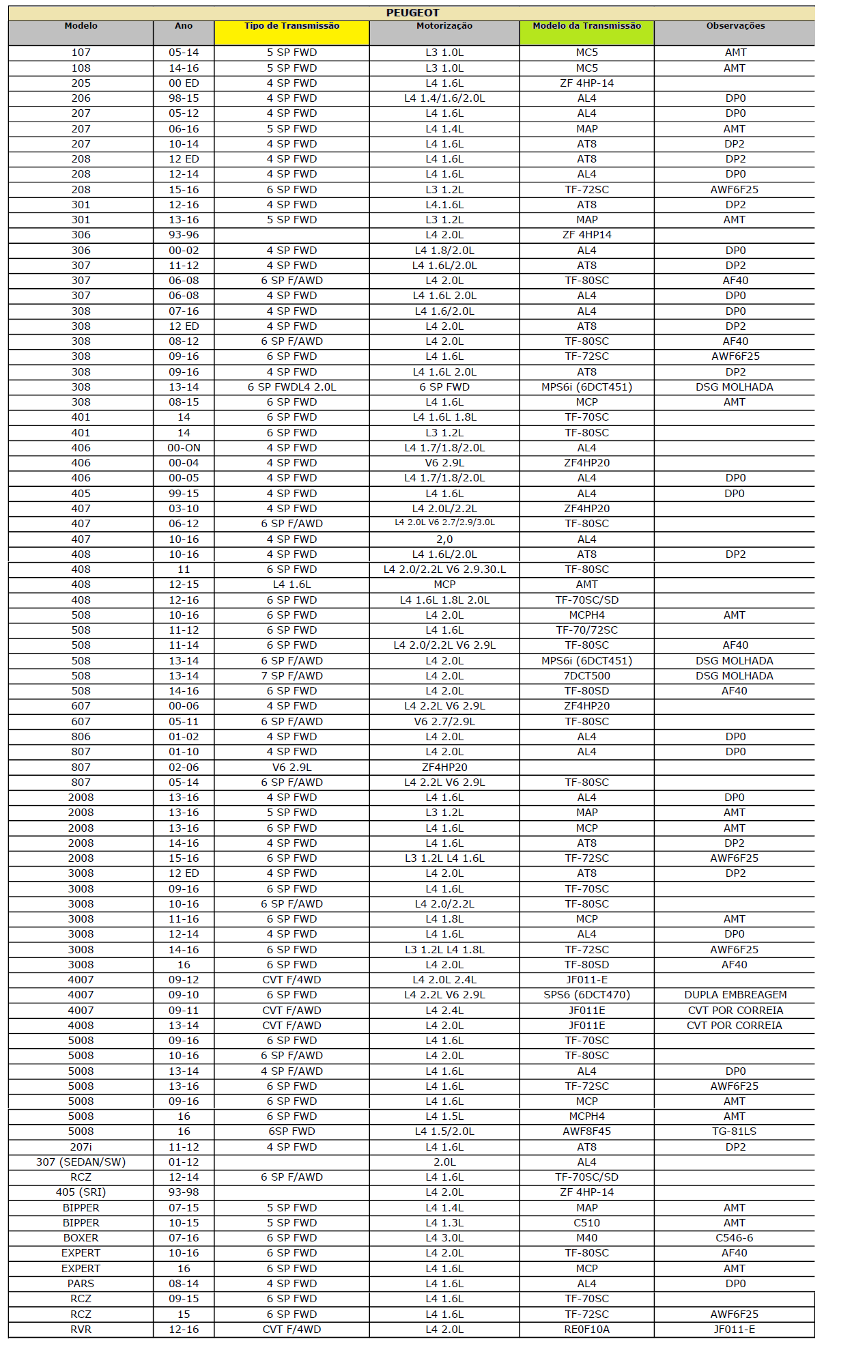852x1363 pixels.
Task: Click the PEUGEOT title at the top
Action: click(412, 12)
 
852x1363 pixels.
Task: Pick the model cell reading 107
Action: click(81, 53)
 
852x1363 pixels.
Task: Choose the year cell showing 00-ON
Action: click(184, 448)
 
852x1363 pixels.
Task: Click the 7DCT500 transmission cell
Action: click(586, 676)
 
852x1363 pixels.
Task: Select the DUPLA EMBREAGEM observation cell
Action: click(735, 995)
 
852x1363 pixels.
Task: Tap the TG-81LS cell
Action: click(734, 1132)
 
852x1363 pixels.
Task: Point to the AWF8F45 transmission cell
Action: click(586, 1132)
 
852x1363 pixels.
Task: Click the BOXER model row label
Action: click(81, 1238)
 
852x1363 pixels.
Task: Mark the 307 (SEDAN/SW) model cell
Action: click(81, 1162)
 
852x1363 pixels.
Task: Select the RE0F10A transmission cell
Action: click(586, 1330)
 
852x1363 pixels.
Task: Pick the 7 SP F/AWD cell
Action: click(292, 676)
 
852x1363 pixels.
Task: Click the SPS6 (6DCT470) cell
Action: click(586, 995)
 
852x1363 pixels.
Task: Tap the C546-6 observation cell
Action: click(734, 1238)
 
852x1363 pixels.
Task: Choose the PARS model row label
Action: click(81, 1284)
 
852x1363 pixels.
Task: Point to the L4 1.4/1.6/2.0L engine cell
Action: click(444, 98)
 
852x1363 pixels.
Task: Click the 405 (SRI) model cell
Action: click(81, 1192)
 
